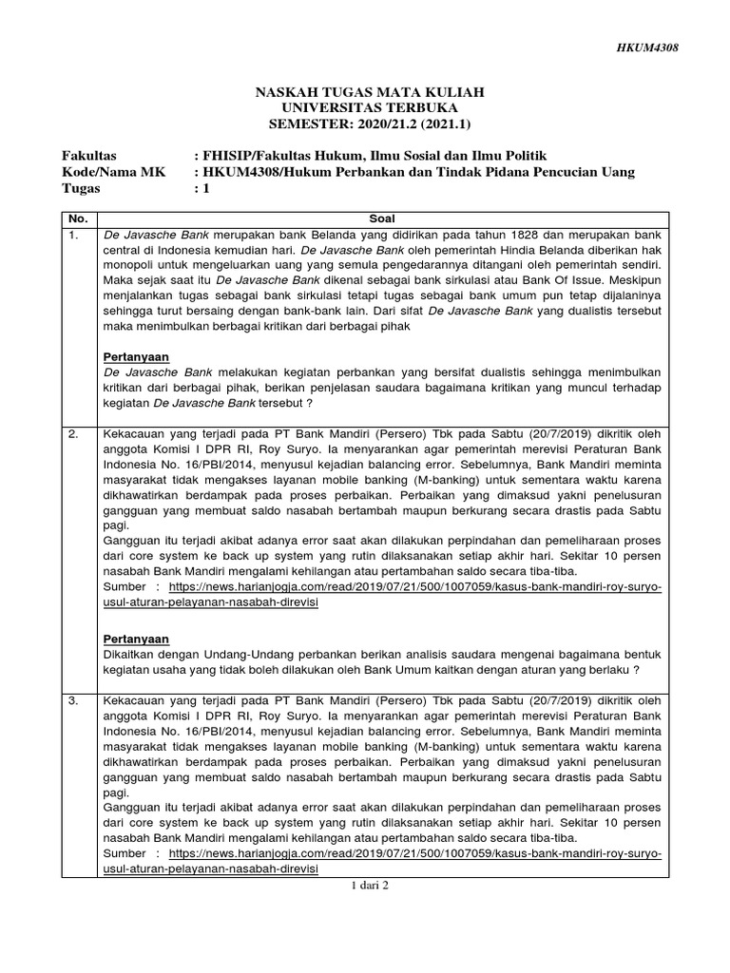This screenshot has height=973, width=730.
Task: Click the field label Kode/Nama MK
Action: pos(106,171)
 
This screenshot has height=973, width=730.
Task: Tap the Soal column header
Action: pos(383,218)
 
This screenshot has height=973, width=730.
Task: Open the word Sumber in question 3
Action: pos(126,853)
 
